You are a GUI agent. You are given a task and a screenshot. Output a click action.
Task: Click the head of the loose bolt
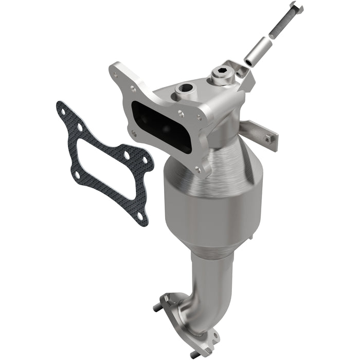click(296, 9)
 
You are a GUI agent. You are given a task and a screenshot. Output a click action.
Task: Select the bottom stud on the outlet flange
click(193, 354)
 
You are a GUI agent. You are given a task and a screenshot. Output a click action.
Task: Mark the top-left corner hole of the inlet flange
click(116, 75)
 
